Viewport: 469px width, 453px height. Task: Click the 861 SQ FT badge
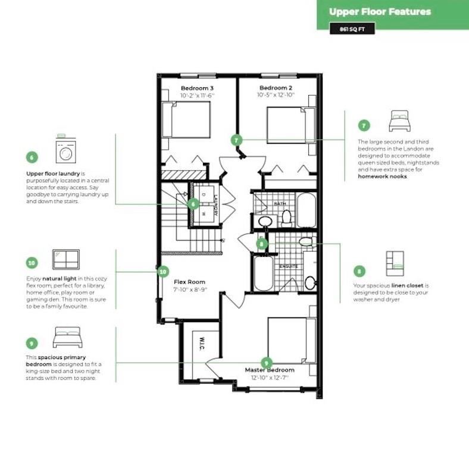352,29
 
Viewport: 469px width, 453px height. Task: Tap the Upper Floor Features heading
380,12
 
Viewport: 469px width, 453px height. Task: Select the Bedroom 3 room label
197,88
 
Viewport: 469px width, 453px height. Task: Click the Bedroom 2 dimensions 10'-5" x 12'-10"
276,95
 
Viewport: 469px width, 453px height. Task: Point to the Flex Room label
190,282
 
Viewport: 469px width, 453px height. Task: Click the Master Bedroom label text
270,370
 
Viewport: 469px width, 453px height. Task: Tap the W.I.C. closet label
202,344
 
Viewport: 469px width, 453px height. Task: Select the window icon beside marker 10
66,259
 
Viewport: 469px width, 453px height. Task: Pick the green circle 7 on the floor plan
237,140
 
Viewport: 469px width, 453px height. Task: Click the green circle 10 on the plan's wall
162,272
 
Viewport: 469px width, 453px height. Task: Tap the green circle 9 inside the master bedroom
266,363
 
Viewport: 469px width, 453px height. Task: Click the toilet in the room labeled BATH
286,218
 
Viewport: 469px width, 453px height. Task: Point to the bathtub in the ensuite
264,273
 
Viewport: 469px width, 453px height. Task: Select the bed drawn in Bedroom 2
291,125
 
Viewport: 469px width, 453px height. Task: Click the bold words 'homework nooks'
382,177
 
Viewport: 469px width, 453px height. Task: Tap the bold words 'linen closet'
407,286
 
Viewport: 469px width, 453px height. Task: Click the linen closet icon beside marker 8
395,263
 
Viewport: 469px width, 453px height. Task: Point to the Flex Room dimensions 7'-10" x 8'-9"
190,290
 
